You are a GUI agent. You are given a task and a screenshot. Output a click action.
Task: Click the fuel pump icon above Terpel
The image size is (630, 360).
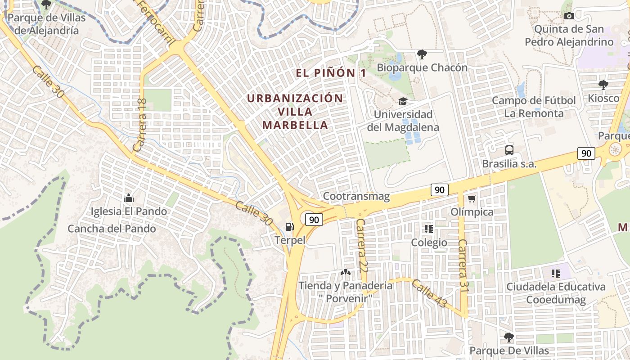click(x=289, y=227)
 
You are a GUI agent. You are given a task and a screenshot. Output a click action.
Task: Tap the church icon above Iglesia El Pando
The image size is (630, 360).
click(x=129, y=198)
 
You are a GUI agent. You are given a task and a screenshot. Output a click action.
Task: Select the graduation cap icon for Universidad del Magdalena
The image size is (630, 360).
click(x=402, y=101)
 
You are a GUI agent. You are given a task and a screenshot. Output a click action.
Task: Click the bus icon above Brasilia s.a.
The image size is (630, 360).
click(x=509, y=150)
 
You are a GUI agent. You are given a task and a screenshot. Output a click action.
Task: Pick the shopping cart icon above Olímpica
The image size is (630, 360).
click(x=472, y=198)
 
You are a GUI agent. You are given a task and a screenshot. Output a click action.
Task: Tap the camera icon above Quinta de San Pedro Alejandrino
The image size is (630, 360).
click(x=569, y=16)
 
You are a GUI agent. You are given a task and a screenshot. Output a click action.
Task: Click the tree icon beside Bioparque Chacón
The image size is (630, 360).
click(x=422, y=55)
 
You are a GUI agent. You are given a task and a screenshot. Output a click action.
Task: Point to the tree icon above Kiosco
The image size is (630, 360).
click(x=603, y=85)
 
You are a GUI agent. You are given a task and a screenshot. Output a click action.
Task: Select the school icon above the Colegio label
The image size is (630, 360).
click(x=429, y=229)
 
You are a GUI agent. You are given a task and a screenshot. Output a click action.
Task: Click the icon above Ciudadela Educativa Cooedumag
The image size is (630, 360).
click(x=556, y=273)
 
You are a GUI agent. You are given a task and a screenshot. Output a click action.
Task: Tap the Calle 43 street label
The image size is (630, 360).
click(x=429, y=294)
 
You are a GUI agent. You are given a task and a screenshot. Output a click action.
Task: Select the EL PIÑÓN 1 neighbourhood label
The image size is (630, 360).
click(x=331, y=73)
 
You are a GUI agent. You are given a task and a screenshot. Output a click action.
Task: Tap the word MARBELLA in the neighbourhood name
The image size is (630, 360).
click(x=295, y=125)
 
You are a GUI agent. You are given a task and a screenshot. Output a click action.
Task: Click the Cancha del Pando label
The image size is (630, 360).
click(x=112, y=229)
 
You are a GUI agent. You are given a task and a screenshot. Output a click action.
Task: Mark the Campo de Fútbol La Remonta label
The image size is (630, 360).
click(x=534, y=107)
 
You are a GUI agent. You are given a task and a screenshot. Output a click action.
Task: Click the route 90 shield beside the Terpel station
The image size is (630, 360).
click(x=314, y=220)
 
